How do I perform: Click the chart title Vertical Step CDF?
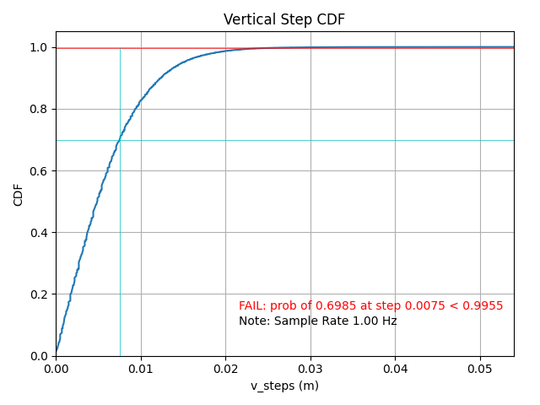pyautogui.click(x=284, y=19)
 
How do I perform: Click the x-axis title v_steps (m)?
pyautogui.click(x=284, y=386)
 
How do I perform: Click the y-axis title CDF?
pyautogui.click(x=19, y=194)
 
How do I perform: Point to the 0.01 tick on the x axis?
pyautogui.click(x=141, y=369)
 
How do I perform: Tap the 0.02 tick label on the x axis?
pyautogui.click(x=225, y=369)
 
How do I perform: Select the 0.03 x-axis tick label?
pyautogui.click(x=310, y=369)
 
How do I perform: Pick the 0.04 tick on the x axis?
pyautogui.click(x=395, y=369)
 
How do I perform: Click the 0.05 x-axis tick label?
pyautogui.click(x=480, y=369)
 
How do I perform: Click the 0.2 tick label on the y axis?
pyautogui.click(x=40, y=294)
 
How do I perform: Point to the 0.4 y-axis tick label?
pyautogui.click(x=40, y=233)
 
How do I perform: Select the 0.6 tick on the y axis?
pyautogui.click(x=40, y=171)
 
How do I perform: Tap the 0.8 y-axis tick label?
pyautogui.click(x=40, y=110)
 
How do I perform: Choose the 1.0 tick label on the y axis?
pyautogui.click(x=40, y=48)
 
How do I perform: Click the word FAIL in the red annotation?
pyautogui.click(x=252, y=305)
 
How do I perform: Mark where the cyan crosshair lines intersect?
pyautogui.click(x=120, y=140)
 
